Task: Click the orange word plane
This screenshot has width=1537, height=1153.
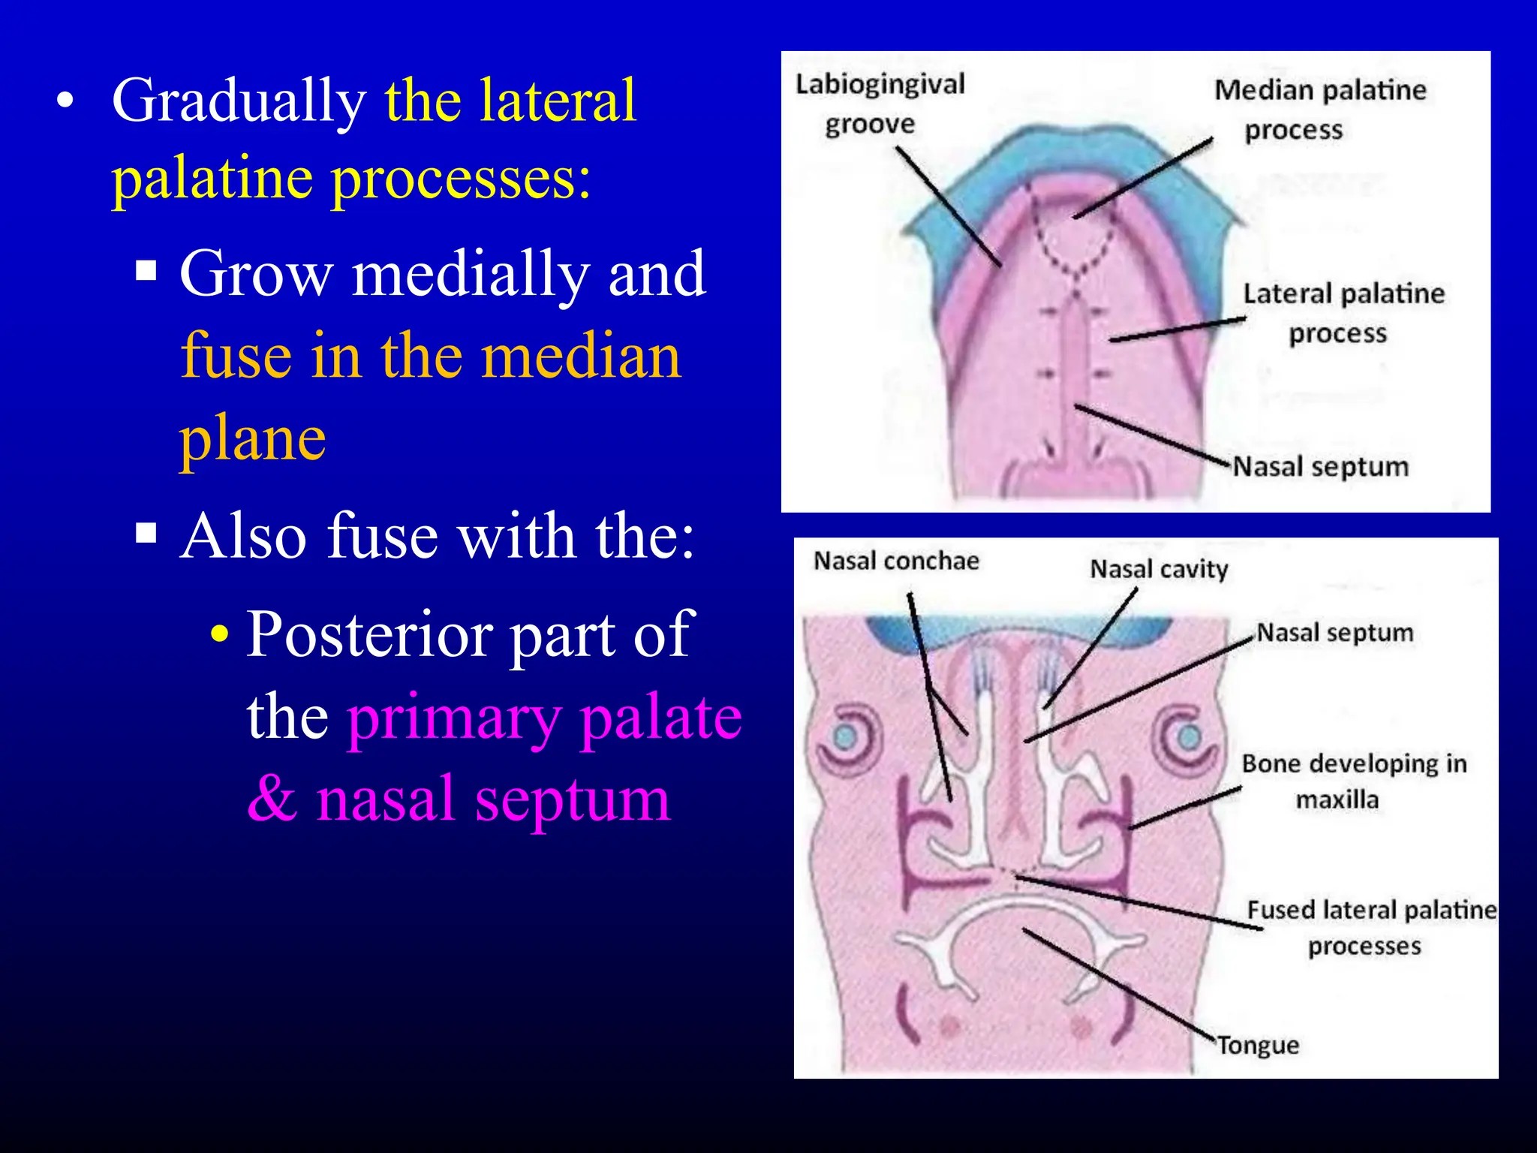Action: [x=252, y=439]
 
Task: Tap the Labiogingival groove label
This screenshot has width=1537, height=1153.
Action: [x=880, y=104]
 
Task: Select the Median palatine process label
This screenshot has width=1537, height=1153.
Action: [x=1320, y=110]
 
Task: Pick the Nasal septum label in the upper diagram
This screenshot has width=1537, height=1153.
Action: [x=1321, y=467]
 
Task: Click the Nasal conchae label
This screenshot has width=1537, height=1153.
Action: [x=896, y=561]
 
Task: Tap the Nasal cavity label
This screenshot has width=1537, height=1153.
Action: [x=1159, y=569]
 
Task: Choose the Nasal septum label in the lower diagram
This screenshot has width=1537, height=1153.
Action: [x=1334, y=633]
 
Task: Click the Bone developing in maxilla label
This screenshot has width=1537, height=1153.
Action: [x=1353, y=781]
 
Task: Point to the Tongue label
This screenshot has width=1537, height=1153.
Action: [x=1258, y=1046]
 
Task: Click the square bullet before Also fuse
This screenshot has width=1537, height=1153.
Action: [x=146, y=534]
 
